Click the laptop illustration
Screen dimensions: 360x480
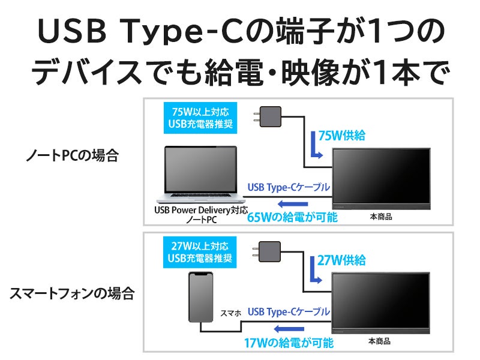[x=200, y=174]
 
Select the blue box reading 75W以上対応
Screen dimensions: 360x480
[x=199, y=118]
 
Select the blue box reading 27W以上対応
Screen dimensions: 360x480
[x=199, y=251]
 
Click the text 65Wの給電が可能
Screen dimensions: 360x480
[x=292, y=217]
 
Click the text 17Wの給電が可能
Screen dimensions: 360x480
[x=289, y=344]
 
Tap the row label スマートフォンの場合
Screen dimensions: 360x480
[x=72, y=293]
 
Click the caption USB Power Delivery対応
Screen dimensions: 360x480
[x=200, y=211]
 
